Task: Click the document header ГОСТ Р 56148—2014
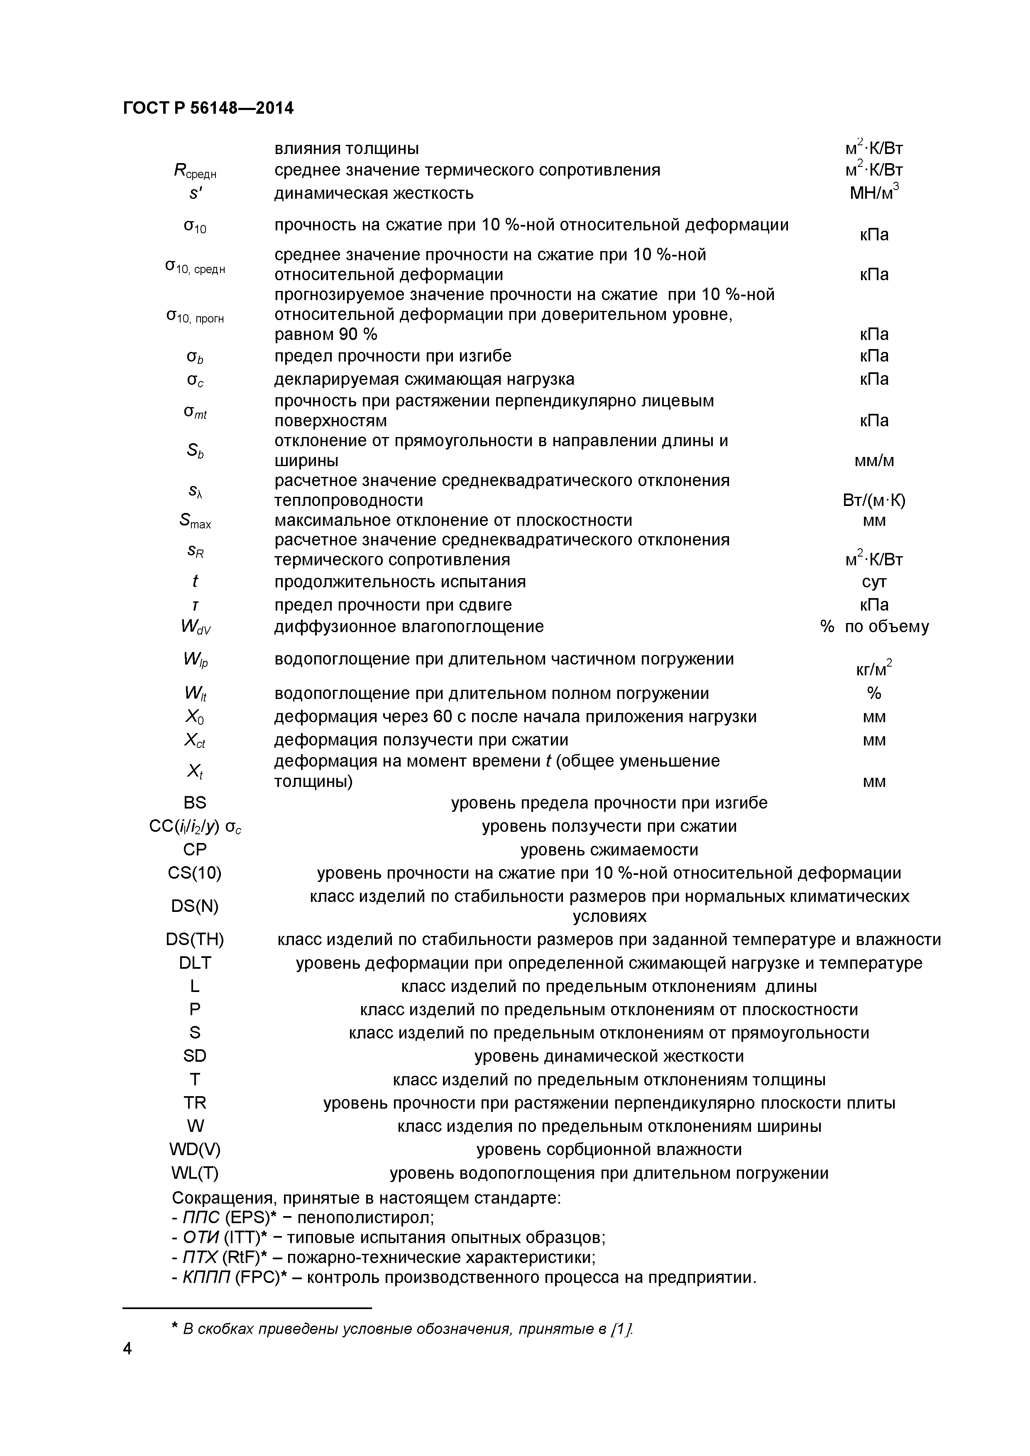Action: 208,108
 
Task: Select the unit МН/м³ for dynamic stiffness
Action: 874,192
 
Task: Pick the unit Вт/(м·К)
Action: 874,500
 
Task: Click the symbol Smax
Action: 195,521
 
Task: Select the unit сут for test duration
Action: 874,581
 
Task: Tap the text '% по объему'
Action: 874,627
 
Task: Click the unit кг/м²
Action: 874,667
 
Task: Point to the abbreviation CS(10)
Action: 195,873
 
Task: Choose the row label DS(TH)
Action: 195,939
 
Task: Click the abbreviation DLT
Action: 195,963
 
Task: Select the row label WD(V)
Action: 195,1149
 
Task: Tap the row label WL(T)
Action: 195,1173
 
